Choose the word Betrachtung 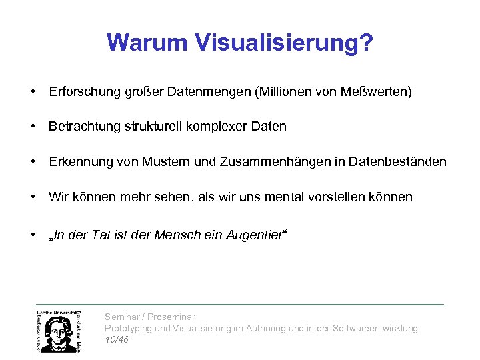[83, 127]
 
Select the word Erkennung [75, 162]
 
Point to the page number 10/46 [117, 340]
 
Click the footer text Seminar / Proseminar [150, 317]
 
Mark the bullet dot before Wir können [32, 197]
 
